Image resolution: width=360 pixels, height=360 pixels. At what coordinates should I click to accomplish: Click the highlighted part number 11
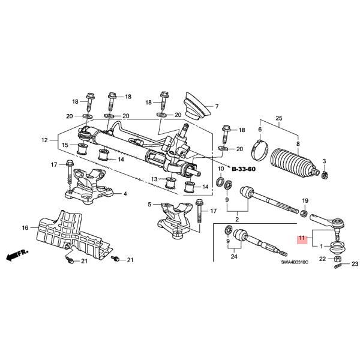302,238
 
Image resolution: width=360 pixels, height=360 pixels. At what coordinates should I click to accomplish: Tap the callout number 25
277,118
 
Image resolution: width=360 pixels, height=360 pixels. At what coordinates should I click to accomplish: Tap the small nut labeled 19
305,212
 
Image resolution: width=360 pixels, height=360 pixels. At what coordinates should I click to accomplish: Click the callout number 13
154,179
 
